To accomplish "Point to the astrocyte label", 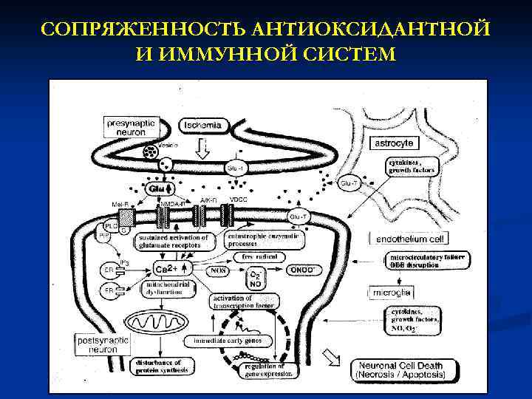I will pos(394,142).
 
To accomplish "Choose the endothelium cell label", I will pos(412,239).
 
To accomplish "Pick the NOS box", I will pos(219,270).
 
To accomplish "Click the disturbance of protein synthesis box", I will pos(159,366).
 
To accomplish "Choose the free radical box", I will pos(253,256).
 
